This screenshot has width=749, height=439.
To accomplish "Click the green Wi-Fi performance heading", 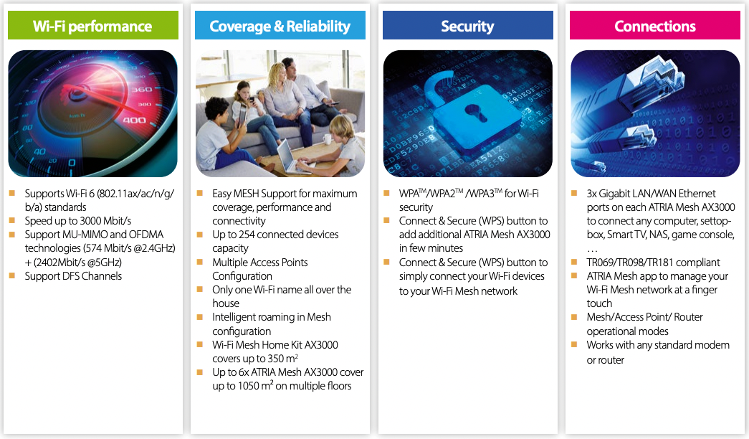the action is (92, 26).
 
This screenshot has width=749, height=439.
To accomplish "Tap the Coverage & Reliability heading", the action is (280, 27).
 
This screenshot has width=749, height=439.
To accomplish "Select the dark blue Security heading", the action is (467, 27).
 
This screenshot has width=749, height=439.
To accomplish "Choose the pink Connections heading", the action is (655, 27).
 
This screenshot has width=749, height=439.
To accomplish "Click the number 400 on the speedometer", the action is (134, 120).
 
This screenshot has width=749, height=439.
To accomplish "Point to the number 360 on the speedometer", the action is (142, 90).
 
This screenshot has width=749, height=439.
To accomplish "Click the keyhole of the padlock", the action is (476, 113).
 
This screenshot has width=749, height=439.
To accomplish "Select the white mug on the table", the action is (328, 139).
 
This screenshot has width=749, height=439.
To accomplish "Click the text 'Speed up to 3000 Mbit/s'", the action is (78, 221).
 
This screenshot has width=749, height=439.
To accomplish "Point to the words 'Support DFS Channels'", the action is (73, 276).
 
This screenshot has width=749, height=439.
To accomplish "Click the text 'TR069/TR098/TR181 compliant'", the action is (653, 263).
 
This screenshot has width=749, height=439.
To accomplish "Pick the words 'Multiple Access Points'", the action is (260, 263).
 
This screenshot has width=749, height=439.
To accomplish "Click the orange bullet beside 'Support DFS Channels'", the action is (12, 276).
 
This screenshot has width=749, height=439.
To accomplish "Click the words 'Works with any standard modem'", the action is (658, 345).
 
